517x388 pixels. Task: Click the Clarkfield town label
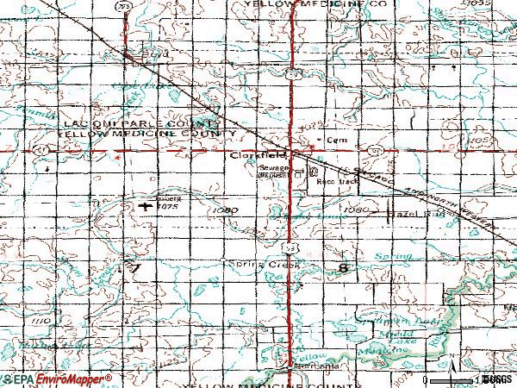(x=251, y=156)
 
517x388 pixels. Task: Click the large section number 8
(x=345, y=269)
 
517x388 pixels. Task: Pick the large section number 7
(x=134, y=269)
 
